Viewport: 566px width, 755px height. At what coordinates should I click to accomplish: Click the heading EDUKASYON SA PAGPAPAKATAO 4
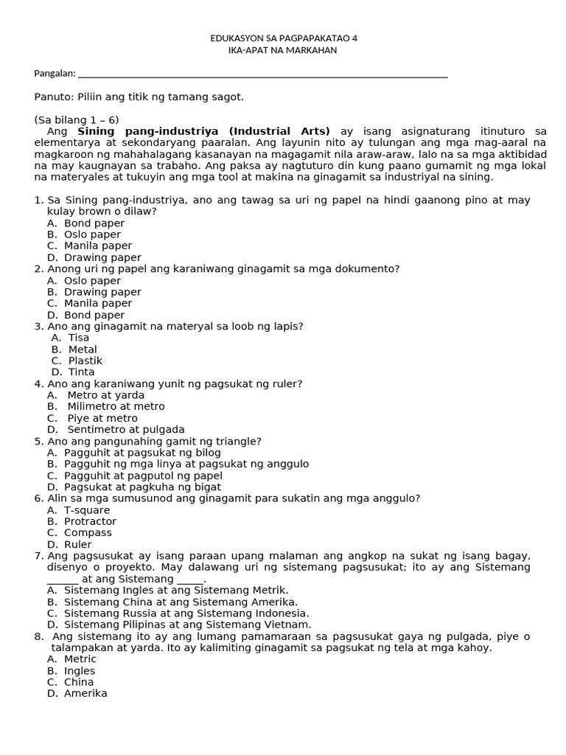coord(284,38)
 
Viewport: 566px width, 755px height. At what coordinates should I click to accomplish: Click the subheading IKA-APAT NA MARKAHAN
coord(284,50)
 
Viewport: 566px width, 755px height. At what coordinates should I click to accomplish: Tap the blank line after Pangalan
coord(262,74)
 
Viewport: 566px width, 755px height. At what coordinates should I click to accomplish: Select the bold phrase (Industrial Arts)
coord(280,131)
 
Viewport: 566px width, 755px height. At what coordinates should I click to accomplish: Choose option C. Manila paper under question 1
coord(90,246)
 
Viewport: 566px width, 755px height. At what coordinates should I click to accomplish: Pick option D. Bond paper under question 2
coord(86,315)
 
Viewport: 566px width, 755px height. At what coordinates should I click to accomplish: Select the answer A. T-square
coord(78,510)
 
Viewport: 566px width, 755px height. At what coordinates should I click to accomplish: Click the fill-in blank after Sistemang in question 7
coord(190,579)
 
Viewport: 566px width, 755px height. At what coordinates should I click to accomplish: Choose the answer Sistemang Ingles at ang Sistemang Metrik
coord(167,591)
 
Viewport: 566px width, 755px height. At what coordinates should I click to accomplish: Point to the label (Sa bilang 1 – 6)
coord(77,120)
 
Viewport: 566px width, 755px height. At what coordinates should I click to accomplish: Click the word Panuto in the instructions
coord(52,97)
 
